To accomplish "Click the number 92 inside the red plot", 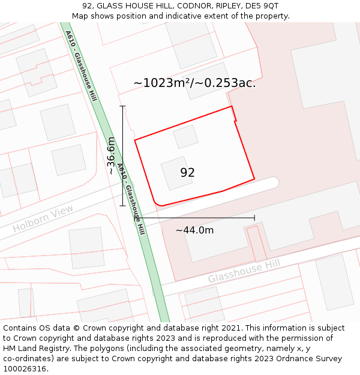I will point(187,173).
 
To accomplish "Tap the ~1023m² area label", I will point(194,83).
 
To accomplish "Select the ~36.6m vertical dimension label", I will point(111,155).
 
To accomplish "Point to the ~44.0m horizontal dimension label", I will point(194,230).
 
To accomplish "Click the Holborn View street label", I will point(43,219).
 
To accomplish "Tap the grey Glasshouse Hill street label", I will point(244,272).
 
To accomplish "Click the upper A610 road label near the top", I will point(80,66).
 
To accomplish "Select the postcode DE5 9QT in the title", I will point(262,6).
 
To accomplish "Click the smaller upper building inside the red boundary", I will point(185,137).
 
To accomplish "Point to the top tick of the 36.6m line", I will point(123,107).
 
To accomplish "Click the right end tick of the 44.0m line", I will point(254,218).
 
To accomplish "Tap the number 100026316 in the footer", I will point(25,369).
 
